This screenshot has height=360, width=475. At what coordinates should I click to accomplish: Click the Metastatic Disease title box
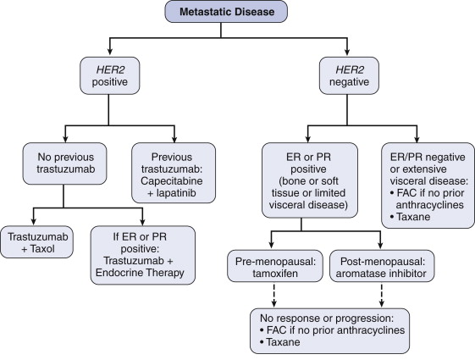pyautogui.click(x=226, y=12)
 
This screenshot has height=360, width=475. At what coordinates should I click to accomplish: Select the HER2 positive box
pyautogui.click(x=110, y=75)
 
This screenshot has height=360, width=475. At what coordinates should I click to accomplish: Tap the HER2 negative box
pyautogui.click(x=349, y=75)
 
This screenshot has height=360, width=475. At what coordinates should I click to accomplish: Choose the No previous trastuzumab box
pyautogui.click(x=65, y=163)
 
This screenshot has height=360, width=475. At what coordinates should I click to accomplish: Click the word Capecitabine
pyautogui.click(x=172, y=181)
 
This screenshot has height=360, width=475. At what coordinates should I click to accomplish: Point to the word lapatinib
pyautogui.click(x=176, y=193)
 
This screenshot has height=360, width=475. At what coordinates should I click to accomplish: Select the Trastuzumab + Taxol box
pyautogui.click(x=37, y=242)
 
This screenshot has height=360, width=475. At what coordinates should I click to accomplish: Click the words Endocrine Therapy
pyautogui.click(x=140, y=273)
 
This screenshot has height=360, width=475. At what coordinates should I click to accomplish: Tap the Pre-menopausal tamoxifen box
pyautogui.click(x=275, y=266)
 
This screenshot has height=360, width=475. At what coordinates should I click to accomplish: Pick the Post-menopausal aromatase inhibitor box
pyautogui.click(x=382, y=266)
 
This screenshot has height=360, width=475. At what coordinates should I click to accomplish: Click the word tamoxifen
pyautogui.click(x=275, y=274)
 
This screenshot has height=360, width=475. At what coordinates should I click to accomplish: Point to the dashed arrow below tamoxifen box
pyautogui.click(x=273, y=295)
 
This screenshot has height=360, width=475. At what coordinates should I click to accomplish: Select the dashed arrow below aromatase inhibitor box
pyautogui.click(x=382, y=295)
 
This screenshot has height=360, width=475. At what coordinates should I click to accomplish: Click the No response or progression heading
pyautogui.click(x=327, y=318)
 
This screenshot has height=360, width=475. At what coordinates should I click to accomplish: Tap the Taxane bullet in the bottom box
pyautogui.click(x=280, y=342)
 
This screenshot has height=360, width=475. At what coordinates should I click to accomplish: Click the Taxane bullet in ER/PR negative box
pyautogui.click(x=410, y=217)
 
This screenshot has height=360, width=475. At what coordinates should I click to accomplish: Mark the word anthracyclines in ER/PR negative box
pyautogui.click(x=430, y=205)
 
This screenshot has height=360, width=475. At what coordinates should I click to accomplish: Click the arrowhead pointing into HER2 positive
pyautogui.click(x=110, y=51)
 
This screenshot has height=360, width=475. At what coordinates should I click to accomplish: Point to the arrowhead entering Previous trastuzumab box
pyautogui.click(x=174, y=139)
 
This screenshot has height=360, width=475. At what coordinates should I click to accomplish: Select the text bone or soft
pyautogui.click(x=308, y=181)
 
